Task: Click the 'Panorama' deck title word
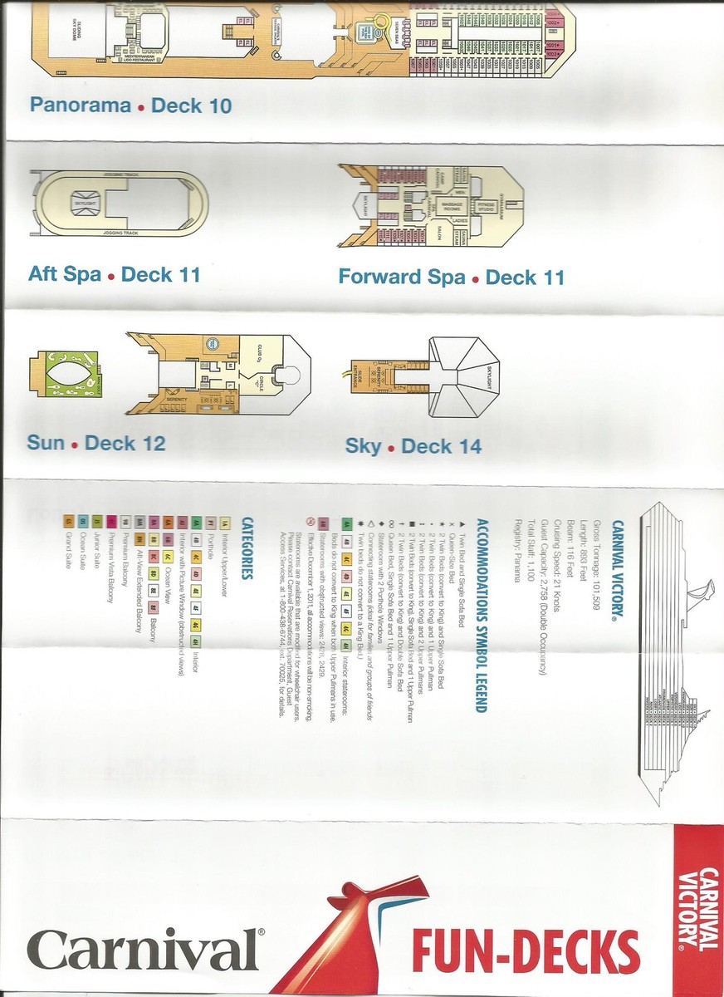(81, 106)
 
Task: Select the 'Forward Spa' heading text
(401, 277)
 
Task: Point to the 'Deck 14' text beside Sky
(441, 446)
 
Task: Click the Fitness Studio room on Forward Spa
(486, 206)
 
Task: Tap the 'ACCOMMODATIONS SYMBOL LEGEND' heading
(480, 615)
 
